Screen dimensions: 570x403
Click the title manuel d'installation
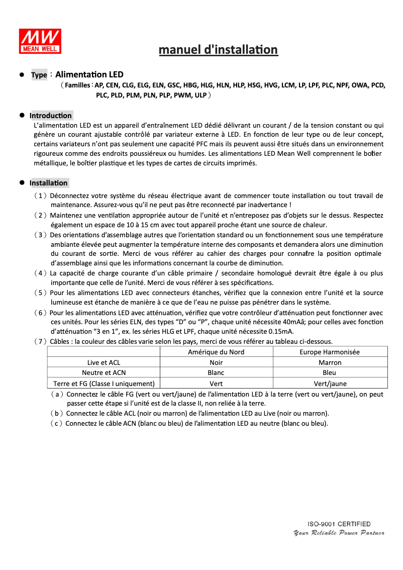218,50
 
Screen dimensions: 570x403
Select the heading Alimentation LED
89,74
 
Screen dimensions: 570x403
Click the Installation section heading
48,183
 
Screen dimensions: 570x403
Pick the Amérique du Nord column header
216,352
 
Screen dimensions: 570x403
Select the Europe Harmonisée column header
330,352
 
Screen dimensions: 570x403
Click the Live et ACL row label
104,362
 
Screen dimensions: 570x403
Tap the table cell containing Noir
216,362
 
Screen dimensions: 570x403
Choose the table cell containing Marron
330,362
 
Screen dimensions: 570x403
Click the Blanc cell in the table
216,373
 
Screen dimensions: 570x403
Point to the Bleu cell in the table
330,373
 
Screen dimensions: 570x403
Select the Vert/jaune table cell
330,384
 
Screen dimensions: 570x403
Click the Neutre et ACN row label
104,373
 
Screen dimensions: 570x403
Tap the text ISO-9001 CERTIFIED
339,524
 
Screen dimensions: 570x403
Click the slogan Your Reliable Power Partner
339,533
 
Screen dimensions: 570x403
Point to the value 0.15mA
281,331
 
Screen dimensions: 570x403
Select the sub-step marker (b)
57,414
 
